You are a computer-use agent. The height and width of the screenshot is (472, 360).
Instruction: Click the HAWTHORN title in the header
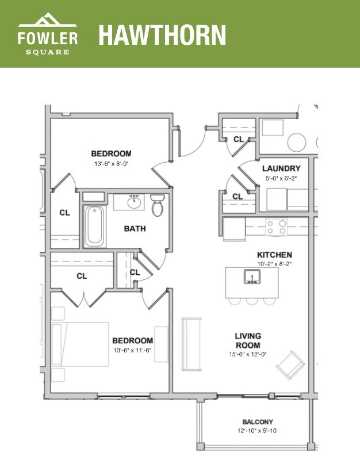click(x=162, y=34)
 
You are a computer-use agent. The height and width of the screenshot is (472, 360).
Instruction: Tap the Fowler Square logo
click(x=47, y=34)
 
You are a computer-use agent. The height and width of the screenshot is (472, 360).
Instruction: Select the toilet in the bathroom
click(x=158, y=205)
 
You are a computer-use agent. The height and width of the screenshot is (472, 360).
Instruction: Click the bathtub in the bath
click(x=94, y=226)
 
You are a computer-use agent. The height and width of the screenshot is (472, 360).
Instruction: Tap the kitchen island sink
click(x=252, y=278)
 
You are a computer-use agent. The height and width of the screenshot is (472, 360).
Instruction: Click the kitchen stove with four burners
click(x=276, y=227)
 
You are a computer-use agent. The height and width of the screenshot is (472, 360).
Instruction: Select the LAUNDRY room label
click(x=281, y=168)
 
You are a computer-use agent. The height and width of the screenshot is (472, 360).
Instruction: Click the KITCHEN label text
click(x=274, y=255)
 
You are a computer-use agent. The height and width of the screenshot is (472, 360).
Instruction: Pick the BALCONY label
click(x=257, y=421)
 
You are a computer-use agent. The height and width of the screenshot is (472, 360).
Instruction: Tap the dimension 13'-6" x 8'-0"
click(x=111, y=164)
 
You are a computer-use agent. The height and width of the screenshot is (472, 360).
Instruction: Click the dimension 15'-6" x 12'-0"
click(x=248, y=354)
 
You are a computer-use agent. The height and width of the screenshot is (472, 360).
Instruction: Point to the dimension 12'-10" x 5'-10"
click(x=257, y=431)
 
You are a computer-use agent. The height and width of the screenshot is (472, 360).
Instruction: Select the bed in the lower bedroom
click(x=81, y=344)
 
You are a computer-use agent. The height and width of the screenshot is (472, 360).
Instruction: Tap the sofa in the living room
click(x=192, y=344)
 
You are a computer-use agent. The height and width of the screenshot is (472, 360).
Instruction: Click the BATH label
click(x=135, y=228)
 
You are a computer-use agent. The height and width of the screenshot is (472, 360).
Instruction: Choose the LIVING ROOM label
click(x=248, y=340)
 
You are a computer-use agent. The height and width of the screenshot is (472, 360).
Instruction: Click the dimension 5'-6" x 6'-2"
click(x=281, y=178)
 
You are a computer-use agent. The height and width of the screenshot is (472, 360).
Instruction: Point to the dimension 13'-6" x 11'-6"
click(x=132, y=350)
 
